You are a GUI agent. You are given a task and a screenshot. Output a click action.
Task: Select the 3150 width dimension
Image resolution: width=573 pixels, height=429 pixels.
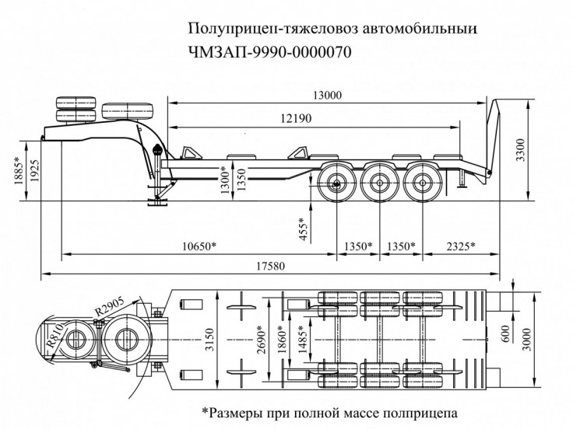click(x=206, y=340)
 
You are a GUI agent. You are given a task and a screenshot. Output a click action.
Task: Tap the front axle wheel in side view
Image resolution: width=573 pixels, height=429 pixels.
click(x=336, y=185)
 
